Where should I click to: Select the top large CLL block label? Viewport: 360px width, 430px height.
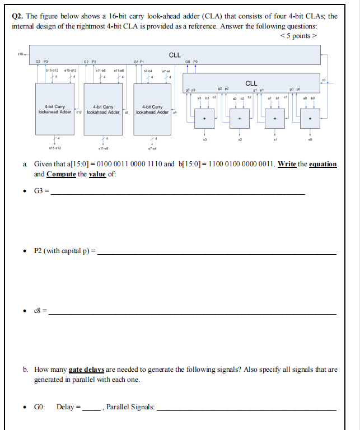pyautogui.click(x=175, y=55)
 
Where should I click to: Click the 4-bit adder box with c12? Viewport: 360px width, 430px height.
pyautogui.click(x=55, y=107)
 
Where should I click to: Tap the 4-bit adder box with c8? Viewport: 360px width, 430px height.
pyautogui.click(x=104, y=107)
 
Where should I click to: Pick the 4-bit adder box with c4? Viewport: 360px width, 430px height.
pyautogui.click(x=152, y=107)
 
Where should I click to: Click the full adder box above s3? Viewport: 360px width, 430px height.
pyautogui.click(x=204, y=119)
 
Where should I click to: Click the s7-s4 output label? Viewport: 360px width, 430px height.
pyautogui.click(x=152, y=148)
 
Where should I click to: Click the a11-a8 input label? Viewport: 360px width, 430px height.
pyautogui.click(x=119, y=71)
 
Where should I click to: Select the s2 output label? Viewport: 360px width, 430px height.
pyautogui.click(x=240, y=139)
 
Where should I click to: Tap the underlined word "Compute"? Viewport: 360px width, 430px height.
pyautogui.click(x=61, y=174)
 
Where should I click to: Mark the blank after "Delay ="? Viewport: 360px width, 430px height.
pyautogui.click(x=91, y=409)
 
